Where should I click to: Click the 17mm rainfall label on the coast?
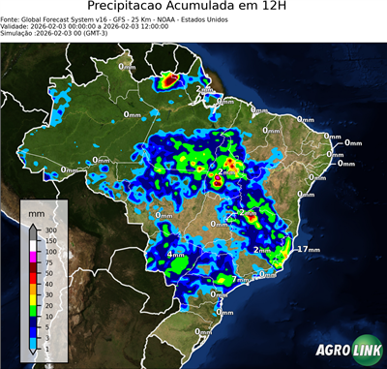click(307, 250)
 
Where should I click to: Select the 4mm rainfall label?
click(176, 255)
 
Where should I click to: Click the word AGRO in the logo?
click(333, 351)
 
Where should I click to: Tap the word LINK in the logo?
click(363, 351)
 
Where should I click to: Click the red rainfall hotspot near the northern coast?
click(167, 79)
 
